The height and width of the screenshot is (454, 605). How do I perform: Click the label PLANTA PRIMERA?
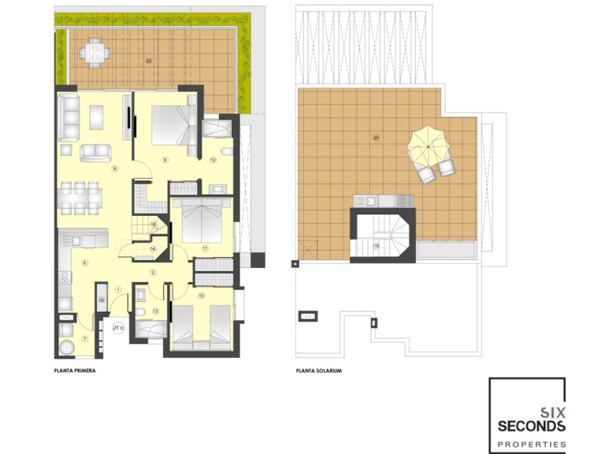point(74,369)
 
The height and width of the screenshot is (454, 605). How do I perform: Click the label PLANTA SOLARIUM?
point(318,369)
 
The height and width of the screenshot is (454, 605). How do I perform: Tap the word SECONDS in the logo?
point(531,426)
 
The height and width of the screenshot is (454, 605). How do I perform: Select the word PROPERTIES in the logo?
point(531,445)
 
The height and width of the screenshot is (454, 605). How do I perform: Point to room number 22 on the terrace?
point(148,60)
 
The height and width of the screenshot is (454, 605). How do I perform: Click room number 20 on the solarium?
point(376,137)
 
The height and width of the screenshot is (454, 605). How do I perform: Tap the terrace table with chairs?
point(95,53)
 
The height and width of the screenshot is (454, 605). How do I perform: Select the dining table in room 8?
point(80,198)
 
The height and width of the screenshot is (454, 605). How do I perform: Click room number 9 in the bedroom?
point(165,160)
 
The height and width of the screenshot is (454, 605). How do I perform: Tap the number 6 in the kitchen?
point(84,262)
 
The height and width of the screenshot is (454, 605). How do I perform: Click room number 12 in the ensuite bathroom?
point(213,160)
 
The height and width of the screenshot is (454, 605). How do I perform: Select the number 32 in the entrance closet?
point(102,300)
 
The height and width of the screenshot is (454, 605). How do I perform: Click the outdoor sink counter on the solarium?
point(383,200)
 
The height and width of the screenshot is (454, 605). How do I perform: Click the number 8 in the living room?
point(115,168)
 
